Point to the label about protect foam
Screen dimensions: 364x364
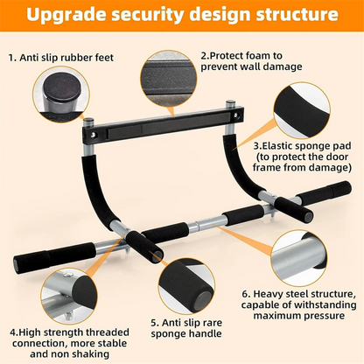(x=253, y=60)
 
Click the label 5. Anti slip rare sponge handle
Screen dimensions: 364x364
(x=188, y=327)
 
